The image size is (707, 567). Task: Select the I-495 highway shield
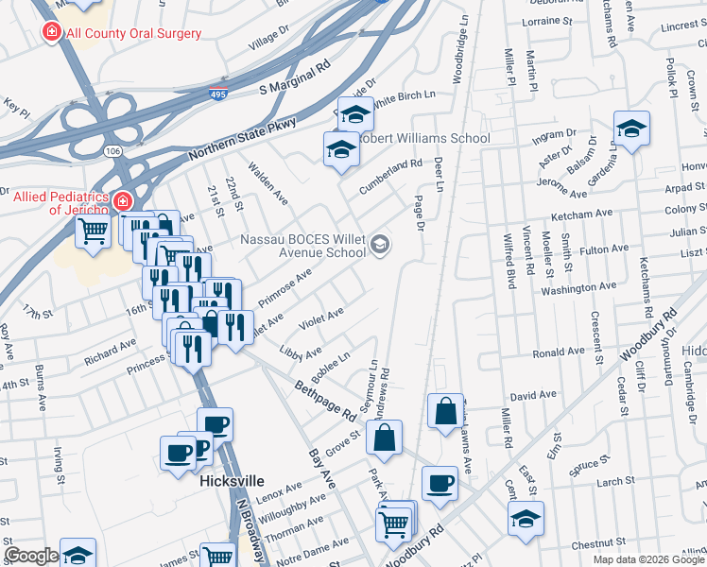(x=217, y=93)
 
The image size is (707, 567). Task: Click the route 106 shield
(x=112, y=150)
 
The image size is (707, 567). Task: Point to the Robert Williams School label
(x=426, y=138)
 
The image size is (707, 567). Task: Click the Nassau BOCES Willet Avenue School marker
(x=380, y=246)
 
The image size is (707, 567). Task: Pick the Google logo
(x=31, y=556)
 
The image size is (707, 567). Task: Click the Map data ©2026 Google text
(x=647, y=559)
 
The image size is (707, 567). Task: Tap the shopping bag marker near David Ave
(x=445, y=411)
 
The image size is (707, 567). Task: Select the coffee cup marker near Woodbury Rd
(x=440, y=484)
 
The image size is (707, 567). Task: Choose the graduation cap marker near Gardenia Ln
(x=631, y=128)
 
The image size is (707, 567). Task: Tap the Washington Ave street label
(x=578, y=287)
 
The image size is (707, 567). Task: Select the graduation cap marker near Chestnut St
(x=526, y=518)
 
